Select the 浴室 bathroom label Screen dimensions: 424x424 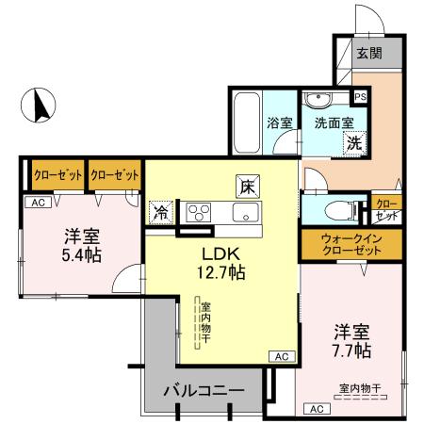[x=279, y=122]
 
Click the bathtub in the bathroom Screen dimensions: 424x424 [x=247, y=123]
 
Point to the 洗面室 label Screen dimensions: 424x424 [x=334, y=122]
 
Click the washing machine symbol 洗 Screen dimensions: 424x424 [x=353, y=143]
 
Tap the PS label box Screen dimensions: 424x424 [x=359, y=96]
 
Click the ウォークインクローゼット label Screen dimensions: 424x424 [x=351, y=244]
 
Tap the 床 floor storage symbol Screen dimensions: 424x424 [x=247, y=185]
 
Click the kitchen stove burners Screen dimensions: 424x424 [x=200, y=211]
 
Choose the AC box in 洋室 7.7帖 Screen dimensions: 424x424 [x=316, y=408]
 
